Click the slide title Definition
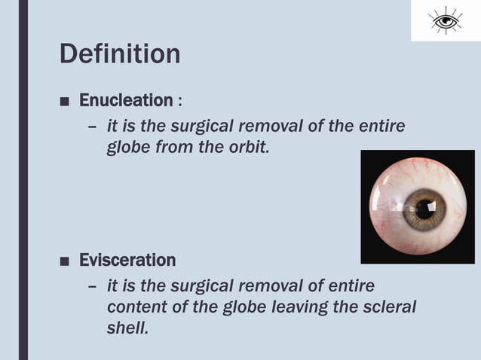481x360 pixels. [120, 54]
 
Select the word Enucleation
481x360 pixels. [126, 100]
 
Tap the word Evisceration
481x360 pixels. [127, 261]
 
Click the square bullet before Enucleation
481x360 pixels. [66, 101]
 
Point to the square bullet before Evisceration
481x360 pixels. [66, 261]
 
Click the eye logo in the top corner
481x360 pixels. [446, 20]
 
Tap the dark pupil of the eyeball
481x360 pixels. [425, 209]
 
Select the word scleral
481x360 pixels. [386, 308]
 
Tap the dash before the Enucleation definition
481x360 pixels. [92, 127]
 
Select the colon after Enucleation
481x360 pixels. [179, 101]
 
